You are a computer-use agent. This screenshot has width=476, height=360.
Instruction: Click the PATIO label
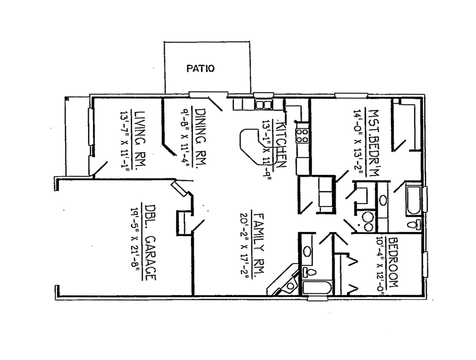tap(201, 68)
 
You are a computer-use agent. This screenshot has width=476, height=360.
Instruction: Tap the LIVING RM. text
tap(140, 140)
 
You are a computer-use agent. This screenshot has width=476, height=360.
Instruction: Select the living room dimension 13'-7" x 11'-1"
tap(126, 140)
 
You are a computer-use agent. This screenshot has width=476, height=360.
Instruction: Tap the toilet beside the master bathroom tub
tap(413, 224)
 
